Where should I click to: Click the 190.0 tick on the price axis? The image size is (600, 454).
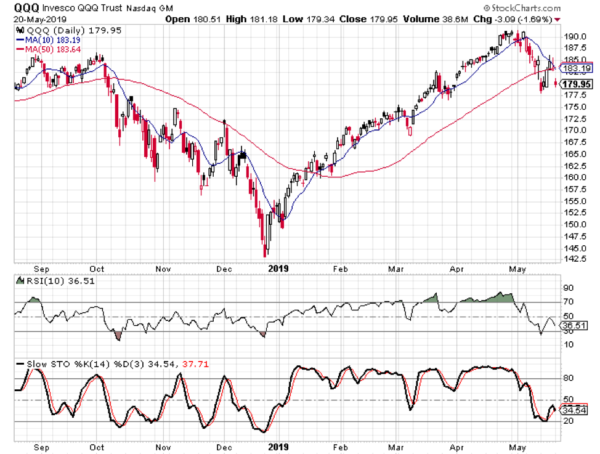point(575,36)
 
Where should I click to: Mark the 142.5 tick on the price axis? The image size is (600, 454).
point(575,259)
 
